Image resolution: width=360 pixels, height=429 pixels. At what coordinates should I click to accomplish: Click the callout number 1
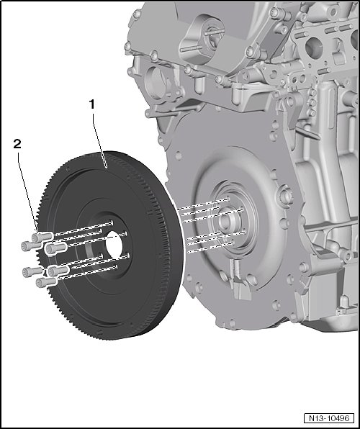coord(91,104)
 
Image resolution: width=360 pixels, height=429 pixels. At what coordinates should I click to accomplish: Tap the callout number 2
coord(17,144)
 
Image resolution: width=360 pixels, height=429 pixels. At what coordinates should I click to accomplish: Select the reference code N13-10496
coord(329,418)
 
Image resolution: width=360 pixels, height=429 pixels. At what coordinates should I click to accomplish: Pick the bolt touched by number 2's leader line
coord(42,237)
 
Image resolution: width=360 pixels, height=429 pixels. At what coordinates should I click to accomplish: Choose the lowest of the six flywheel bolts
coord(46,282)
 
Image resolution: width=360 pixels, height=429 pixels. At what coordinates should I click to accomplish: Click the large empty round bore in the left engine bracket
coord(154,82)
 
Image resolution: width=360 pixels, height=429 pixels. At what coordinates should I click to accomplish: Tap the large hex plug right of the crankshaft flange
coord(286,195)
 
